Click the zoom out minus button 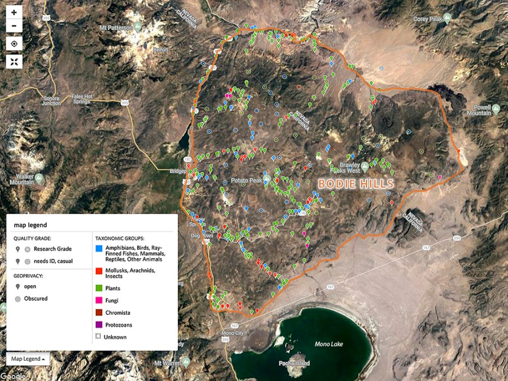tap(14, 25)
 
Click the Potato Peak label tap(247, 181)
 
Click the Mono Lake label tap(329, 344)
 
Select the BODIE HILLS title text tap(355, 184)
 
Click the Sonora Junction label tap(51, 101)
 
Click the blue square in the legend tap(98, 248)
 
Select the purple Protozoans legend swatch tap(98, 324)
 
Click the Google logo tap(12, 376)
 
